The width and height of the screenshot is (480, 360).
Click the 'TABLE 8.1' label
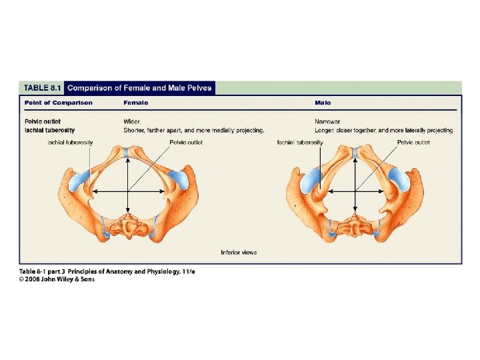point(43,87)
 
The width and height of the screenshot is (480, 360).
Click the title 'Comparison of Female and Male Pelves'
point(140,87)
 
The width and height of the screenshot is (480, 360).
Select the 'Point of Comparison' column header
point(59,103)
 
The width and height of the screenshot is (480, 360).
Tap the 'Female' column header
point(136,103)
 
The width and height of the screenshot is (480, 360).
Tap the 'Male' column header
point(323,103)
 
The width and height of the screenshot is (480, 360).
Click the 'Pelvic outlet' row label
point(43,121)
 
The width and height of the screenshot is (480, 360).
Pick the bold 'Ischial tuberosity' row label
point(50,130)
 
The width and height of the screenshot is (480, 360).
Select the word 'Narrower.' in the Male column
point(328,121)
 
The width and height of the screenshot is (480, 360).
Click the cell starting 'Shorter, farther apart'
point(194,130)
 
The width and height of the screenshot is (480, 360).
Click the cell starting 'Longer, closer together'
point(383,130)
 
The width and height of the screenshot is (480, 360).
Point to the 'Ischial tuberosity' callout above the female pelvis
point(70,142)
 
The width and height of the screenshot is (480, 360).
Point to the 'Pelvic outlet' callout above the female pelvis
point(186,142)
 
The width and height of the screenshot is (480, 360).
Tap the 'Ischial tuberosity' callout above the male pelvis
point(300,142)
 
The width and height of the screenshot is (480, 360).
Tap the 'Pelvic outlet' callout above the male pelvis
point(413,142)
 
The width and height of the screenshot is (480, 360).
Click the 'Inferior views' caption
point(239,252)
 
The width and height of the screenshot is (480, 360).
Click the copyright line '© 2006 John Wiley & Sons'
point(57,279)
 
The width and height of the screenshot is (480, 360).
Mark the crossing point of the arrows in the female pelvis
point(127,192)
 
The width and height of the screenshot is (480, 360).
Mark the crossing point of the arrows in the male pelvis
point(355,192)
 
